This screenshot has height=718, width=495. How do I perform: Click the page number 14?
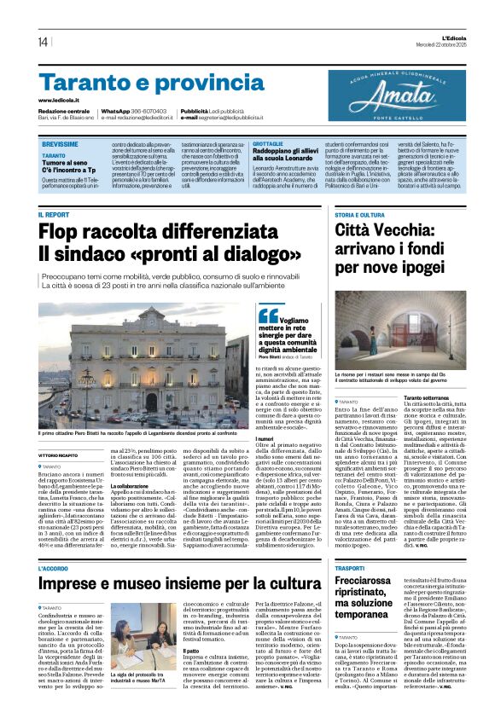(x=42, y=42)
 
